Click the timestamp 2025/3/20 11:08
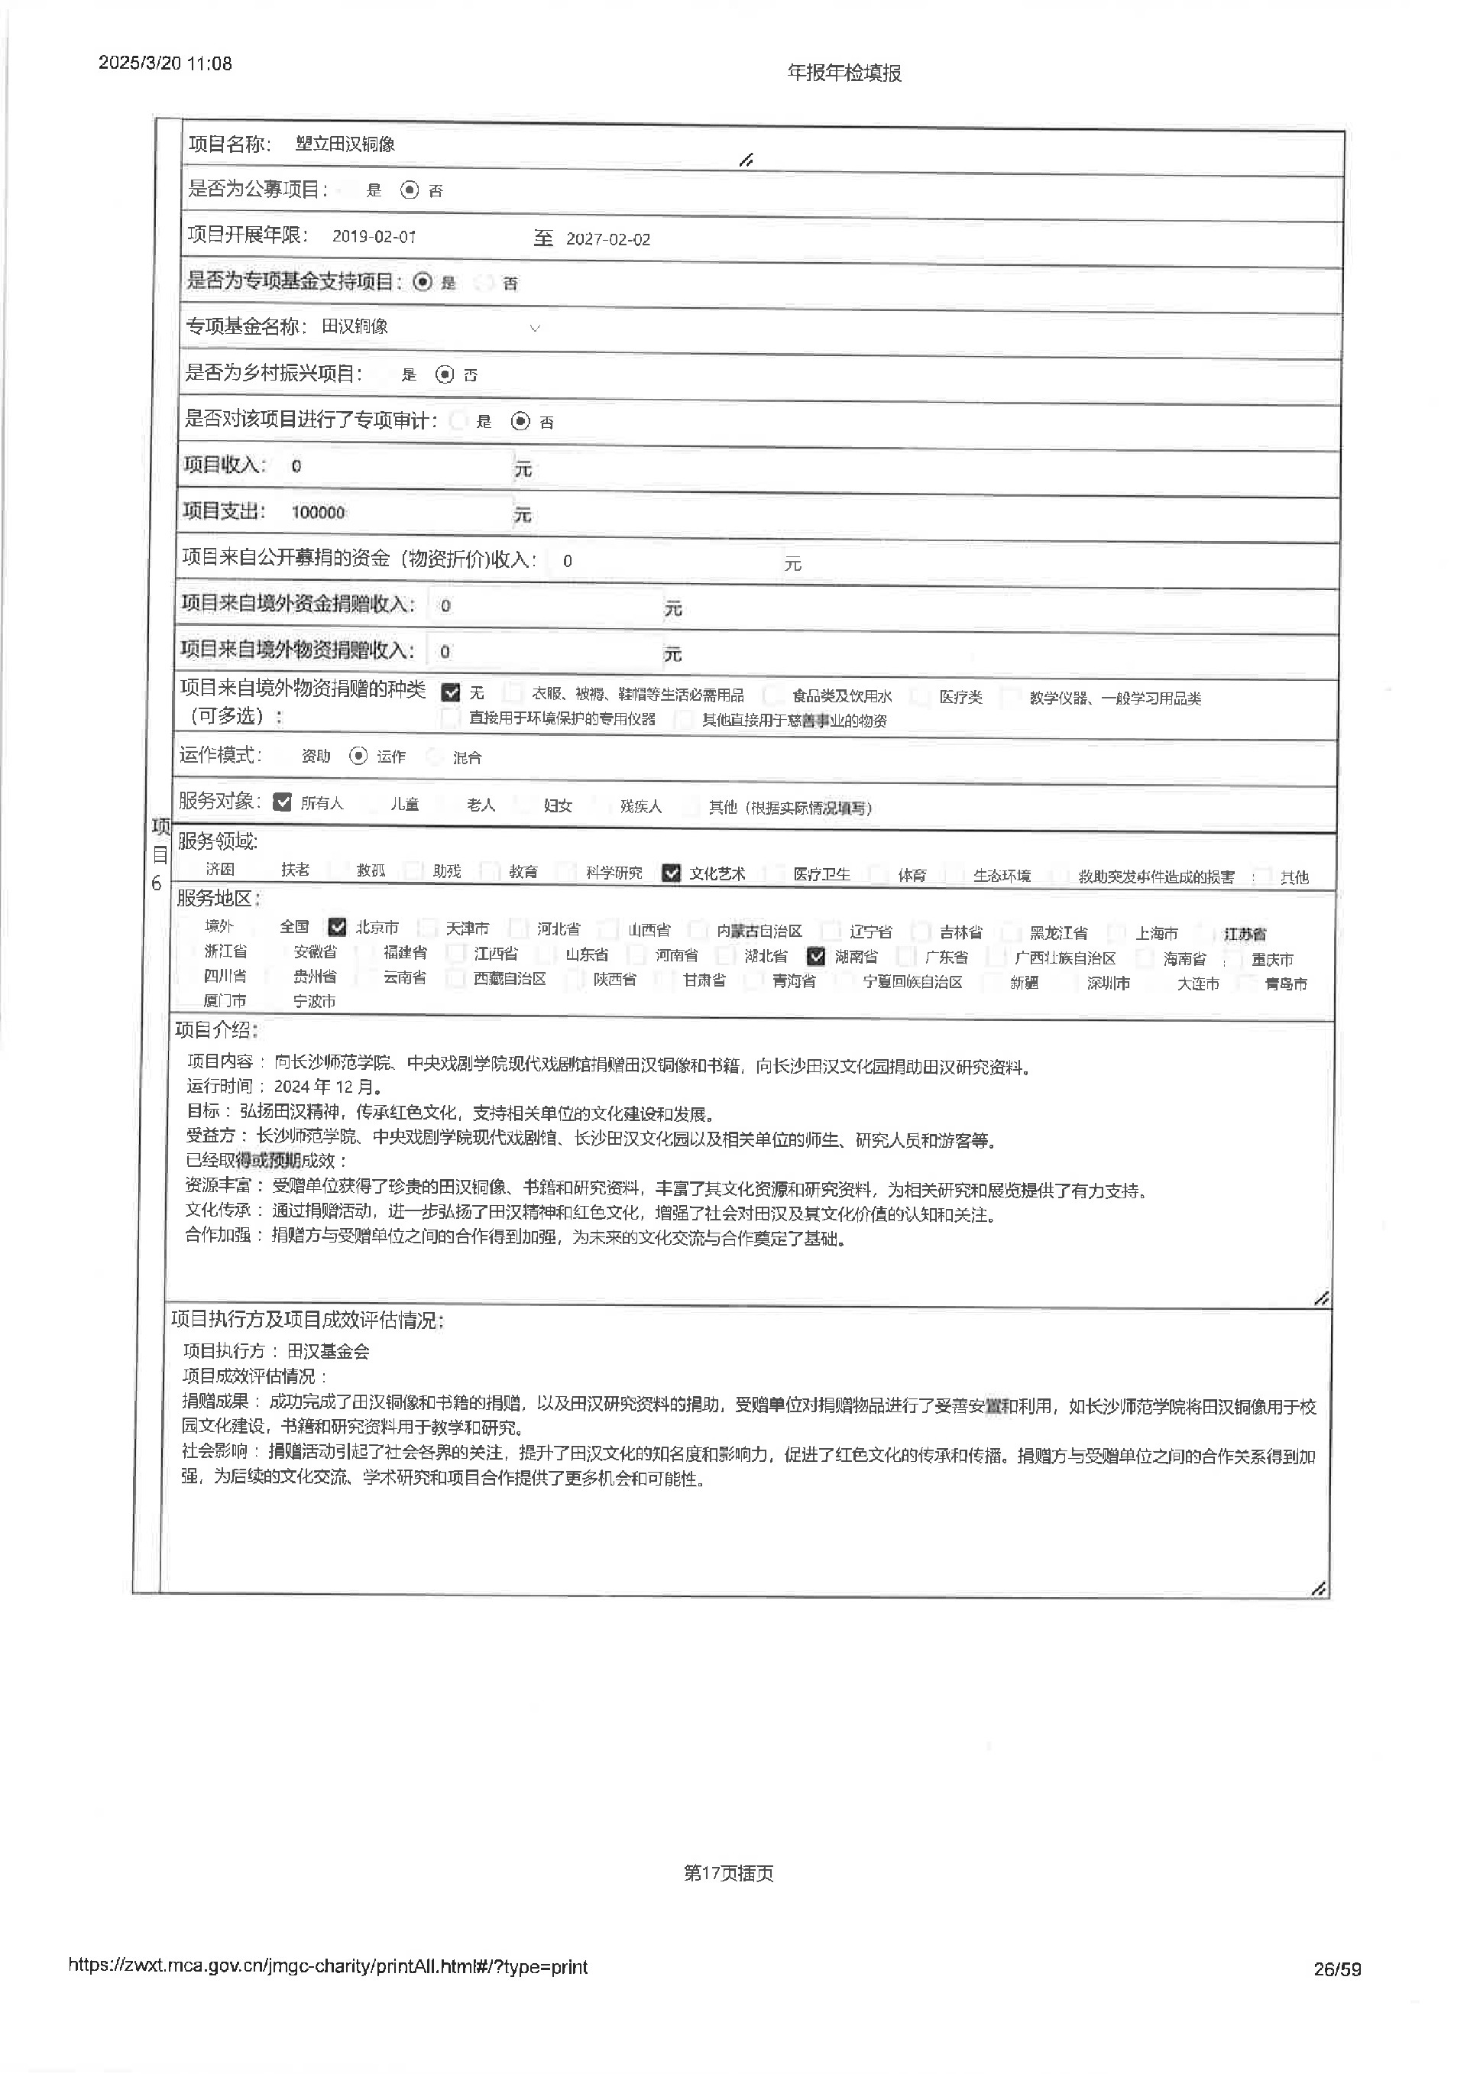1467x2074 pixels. (x=165, y=63)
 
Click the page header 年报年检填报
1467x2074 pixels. (x=844, y=73)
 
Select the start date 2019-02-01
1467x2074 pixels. (x=374, y=237)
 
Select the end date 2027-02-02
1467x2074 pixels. (x=608, y=239)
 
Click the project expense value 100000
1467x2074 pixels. (x=318, y=512)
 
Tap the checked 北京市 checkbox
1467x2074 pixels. (x=338, y=926)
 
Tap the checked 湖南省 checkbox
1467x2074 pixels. (x=817, y=956)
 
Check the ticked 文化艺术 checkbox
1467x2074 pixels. (x=671, y=873)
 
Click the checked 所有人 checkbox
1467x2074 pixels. (x=283, y=802)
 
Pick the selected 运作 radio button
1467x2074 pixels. (x=358, y=756)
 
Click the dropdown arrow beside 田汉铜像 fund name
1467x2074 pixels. (x=535, y=328)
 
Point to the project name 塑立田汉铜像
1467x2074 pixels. (x=345, y=144)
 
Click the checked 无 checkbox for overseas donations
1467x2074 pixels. (x=451, y=693)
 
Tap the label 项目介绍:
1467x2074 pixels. (x=217, y=1030)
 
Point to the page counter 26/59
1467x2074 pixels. (x=1338, y=1969)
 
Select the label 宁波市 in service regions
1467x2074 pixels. (x=314, y=1002)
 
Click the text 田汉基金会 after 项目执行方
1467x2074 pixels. (x=329, y=1351)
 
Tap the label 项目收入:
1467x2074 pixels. (x=225, y=465)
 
